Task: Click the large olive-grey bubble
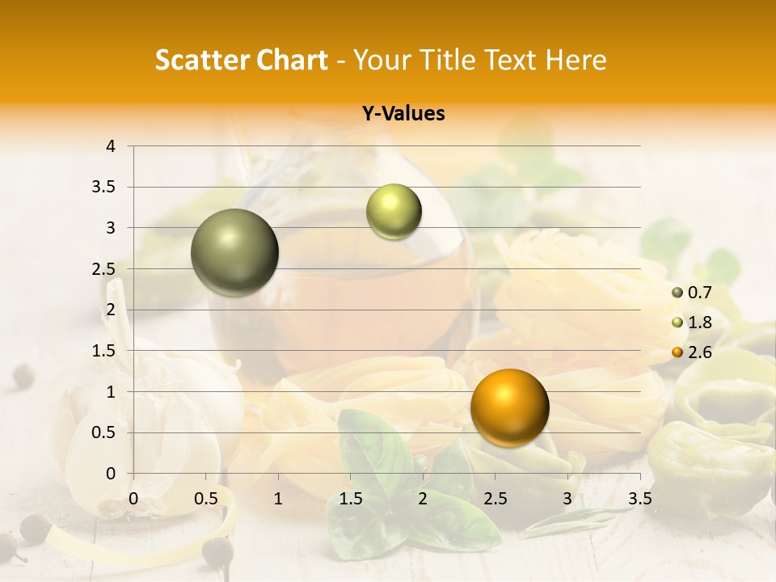coord(235,252)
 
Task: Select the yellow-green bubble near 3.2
coord(394,212)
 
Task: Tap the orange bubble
coord(509,407)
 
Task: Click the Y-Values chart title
coord(403,114)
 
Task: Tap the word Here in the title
coord(575,60)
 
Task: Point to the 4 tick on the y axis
coord(112,146)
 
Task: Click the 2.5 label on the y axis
coord(105,269)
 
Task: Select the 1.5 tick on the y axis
coord(105,351)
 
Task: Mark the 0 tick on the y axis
coord(112,474)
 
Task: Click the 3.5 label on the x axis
coord(639,498)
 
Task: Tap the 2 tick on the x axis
coord(423,498)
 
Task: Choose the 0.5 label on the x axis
coord(206,498)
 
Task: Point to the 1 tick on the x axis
coord(278,498)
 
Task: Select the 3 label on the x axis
coord(567,498)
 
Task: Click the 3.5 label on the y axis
coord(105,188)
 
